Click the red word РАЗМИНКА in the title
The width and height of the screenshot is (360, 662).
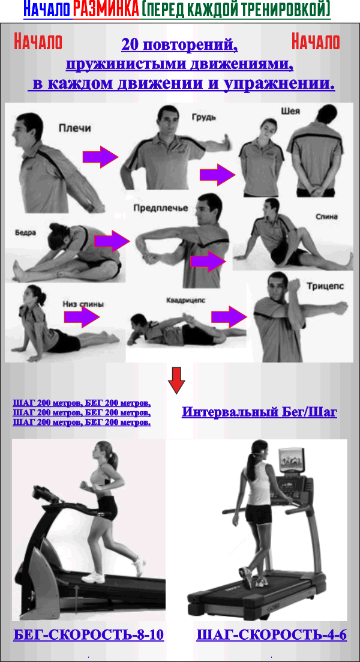click(106, 8)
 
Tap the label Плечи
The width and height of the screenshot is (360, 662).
click(75, 128)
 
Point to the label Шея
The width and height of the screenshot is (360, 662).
click(290, 112)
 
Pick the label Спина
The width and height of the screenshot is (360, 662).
click(326, 217)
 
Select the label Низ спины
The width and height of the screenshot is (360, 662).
click(83, 304)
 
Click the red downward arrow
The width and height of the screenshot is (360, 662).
click(176, 379)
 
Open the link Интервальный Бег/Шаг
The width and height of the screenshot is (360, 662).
click(259, 412)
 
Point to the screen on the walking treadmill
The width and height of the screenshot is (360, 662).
click(291, 460)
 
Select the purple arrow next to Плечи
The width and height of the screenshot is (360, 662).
click(101, 157)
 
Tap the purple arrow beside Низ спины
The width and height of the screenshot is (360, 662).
click(82, 317)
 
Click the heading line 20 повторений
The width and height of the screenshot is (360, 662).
click(179, 44)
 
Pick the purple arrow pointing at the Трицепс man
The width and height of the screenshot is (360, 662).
click(229, 317)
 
